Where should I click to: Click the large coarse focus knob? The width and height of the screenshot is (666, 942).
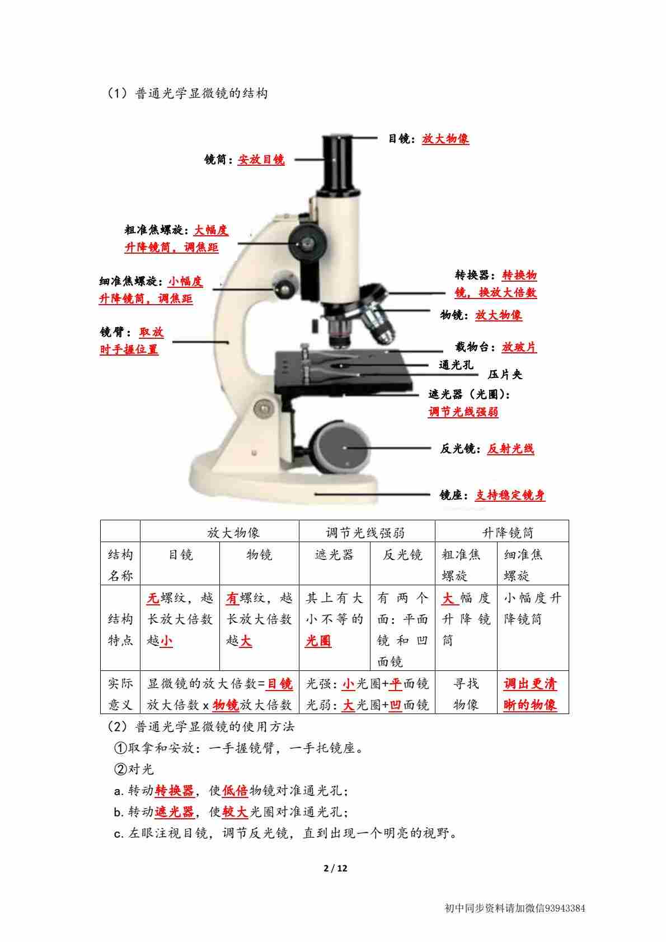[x=308, y=243]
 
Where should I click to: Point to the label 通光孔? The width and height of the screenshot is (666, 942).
[x=456, y=365]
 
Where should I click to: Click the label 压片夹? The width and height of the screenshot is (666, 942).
[x=505, y=374]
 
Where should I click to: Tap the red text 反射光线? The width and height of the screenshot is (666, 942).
[x=510, y=449]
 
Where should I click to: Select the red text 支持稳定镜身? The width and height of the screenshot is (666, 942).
[x=510, y=495]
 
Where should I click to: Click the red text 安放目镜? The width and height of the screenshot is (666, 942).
[x=261, y=160]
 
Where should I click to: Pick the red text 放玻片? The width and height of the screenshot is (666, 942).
[x=519, y=347]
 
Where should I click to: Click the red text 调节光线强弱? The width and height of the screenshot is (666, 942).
[x=463, y=411]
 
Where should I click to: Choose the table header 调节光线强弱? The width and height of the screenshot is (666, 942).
[x=365, y=533]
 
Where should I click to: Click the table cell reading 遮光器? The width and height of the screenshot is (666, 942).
[x=335, y=554]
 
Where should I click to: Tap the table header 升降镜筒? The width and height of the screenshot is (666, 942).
[x=508, y=533]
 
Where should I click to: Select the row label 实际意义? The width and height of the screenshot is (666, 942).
[x=120, y=694]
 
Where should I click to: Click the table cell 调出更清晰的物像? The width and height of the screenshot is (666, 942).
[x=530, y=694]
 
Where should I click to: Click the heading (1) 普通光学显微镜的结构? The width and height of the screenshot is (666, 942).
[x=188, y=93]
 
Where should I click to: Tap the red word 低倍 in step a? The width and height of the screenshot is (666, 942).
[x=235, y=791]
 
